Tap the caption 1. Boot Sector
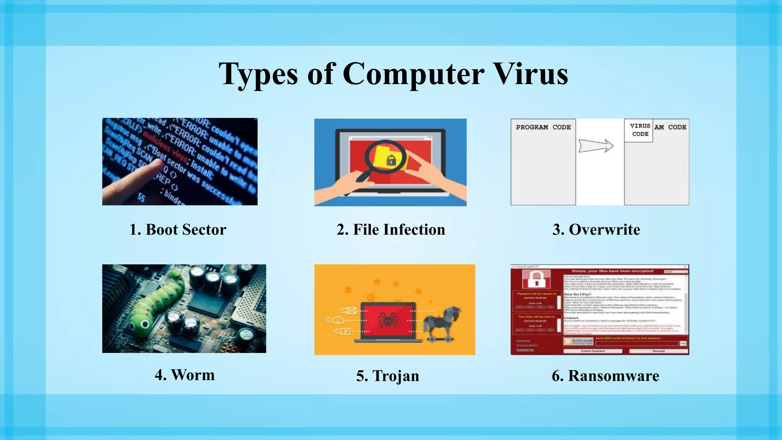coord(178,230)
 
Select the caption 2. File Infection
coord(391,230)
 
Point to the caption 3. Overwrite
coord(596,230)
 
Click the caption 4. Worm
coord(184,375)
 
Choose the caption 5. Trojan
coord(388,376)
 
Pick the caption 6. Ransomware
coord(605,376)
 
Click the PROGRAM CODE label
coord(543,127)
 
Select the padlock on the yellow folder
coord(391,160)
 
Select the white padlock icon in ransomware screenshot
coord(536,279)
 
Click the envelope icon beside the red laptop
coord(351,311)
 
